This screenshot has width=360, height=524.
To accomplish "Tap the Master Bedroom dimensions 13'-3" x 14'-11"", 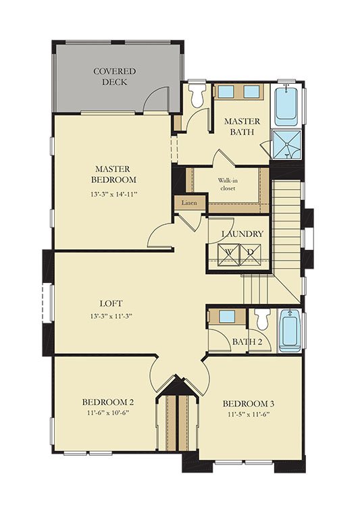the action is point(114,194).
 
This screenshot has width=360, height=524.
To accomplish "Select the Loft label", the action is point(111,303).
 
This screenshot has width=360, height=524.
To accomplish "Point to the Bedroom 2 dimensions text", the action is point(108,413).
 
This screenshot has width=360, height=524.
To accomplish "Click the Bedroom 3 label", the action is point(249,404).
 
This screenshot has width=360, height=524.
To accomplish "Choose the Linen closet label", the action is point(189,203).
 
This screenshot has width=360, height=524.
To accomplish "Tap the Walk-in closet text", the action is point(228,184).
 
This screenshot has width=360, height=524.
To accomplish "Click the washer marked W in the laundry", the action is point(229,255).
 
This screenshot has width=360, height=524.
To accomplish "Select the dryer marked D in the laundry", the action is point(251,255).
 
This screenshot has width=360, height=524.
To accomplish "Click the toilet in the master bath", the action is point(196,95).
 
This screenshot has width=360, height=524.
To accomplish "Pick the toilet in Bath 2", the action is point(261,319).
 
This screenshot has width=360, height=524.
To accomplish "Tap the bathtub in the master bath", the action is point(286,103).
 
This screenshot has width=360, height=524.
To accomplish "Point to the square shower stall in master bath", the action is point(287,145).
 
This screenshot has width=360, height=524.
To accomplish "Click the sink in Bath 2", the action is point(228,316).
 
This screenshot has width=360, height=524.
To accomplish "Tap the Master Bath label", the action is point(242,126).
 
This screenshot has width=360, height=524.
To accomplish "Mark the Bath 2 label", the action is point(247,342).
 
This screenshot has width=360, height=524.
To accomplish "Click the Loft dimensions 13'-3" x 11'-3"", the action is point(111,316).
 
